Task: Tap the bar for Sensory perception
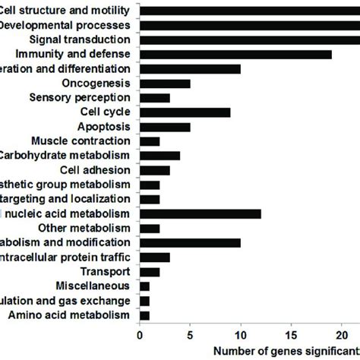(155, 97)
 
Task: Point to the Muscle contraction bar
(150, 141)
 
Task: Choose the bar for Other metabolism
(150, 228)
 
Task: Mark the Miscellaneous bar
(145, 286)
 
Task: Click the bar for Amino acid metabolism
(145, 314)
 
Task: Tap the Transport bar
(150, 271)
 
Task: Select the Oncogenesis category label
(99, 83)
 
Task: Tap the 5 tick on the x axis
(191, 333)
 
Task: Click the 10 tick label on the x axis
(241, 333)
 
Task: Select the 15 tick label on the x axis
(292, 333)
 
